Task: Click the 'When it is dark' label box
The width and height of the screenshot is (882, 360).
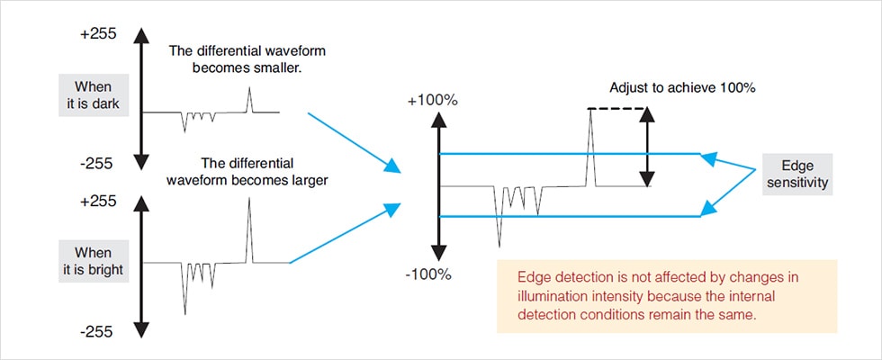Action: pos(94,95)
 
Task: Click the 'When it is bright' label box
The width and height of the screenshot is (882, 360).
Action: pos(94,262)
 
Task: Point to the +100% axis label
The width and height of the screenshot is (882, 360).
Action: pos(433,100)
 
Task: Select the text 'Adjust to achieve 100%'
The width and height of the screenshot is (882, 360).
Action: pos(681,88)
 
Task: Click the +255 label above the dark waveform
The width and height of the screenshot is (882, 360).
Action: pos(97,34)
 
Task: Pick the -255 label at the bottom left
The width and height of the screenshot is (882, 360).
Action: pos(97,331)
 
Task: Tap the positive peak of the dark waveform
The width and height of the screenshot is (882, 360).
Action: pos(251,90)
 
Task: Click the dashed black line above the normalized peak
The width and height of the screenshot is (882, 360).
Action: pos(616,109)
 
